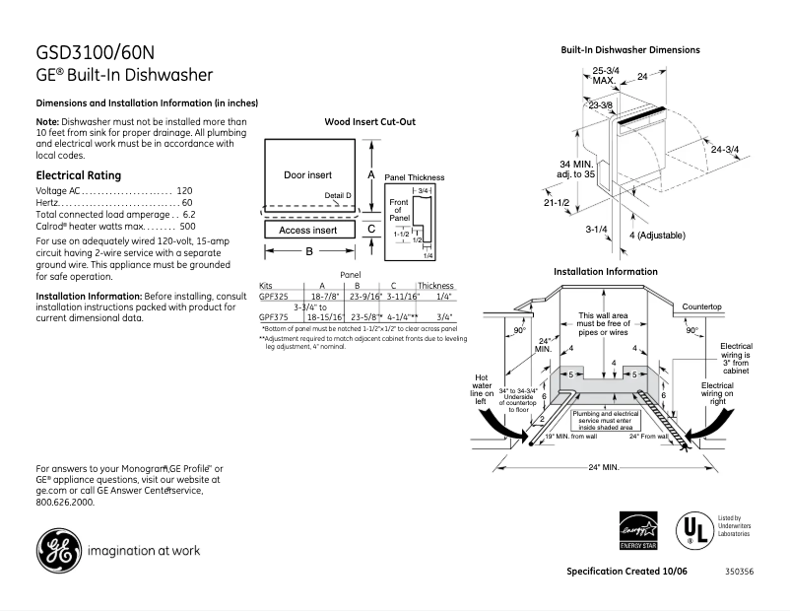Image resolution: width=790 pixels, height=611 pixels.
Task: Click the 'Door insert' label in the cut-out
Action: pyautogui.click(x=307, y=174)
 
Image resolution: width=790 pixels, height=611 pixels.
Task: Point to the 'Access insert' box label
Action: pyautogui.click(x=307, y=230)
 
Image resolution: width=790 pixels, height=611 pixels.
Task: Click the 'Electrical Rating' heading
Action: pyautogui.click(x=78, y=175)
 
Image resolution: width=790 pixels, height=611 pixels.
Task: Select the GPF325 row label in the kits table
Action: pyautogui.click(x=274, y=296)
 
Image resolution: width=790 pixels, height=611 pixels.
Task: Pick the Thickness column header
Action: pyautogui.click(x=435, y=285)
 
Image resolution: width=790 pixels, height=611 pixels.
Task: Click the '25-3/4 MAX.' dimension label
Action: pyautogui.click(x=605, y=75)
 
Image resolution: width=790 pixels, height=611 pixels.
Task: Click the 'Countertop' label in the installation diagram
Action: pyautogui.click(x=702, y=307)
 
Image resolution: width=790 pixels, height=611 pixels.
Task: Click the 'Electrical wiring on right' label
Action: pyautogui.click(x=716, y=393)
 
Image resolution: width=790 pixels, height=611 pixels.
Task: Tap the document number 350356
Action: pyautogui.click(x=739, y=572)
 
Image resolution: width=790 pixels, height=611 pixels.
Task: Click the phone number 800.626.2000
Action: pyautogui.click(x=65, y=502)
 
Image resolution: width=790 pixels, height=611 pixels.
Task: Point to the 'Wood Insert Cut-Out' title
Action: pyautogui.click(x=369, y=122)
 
